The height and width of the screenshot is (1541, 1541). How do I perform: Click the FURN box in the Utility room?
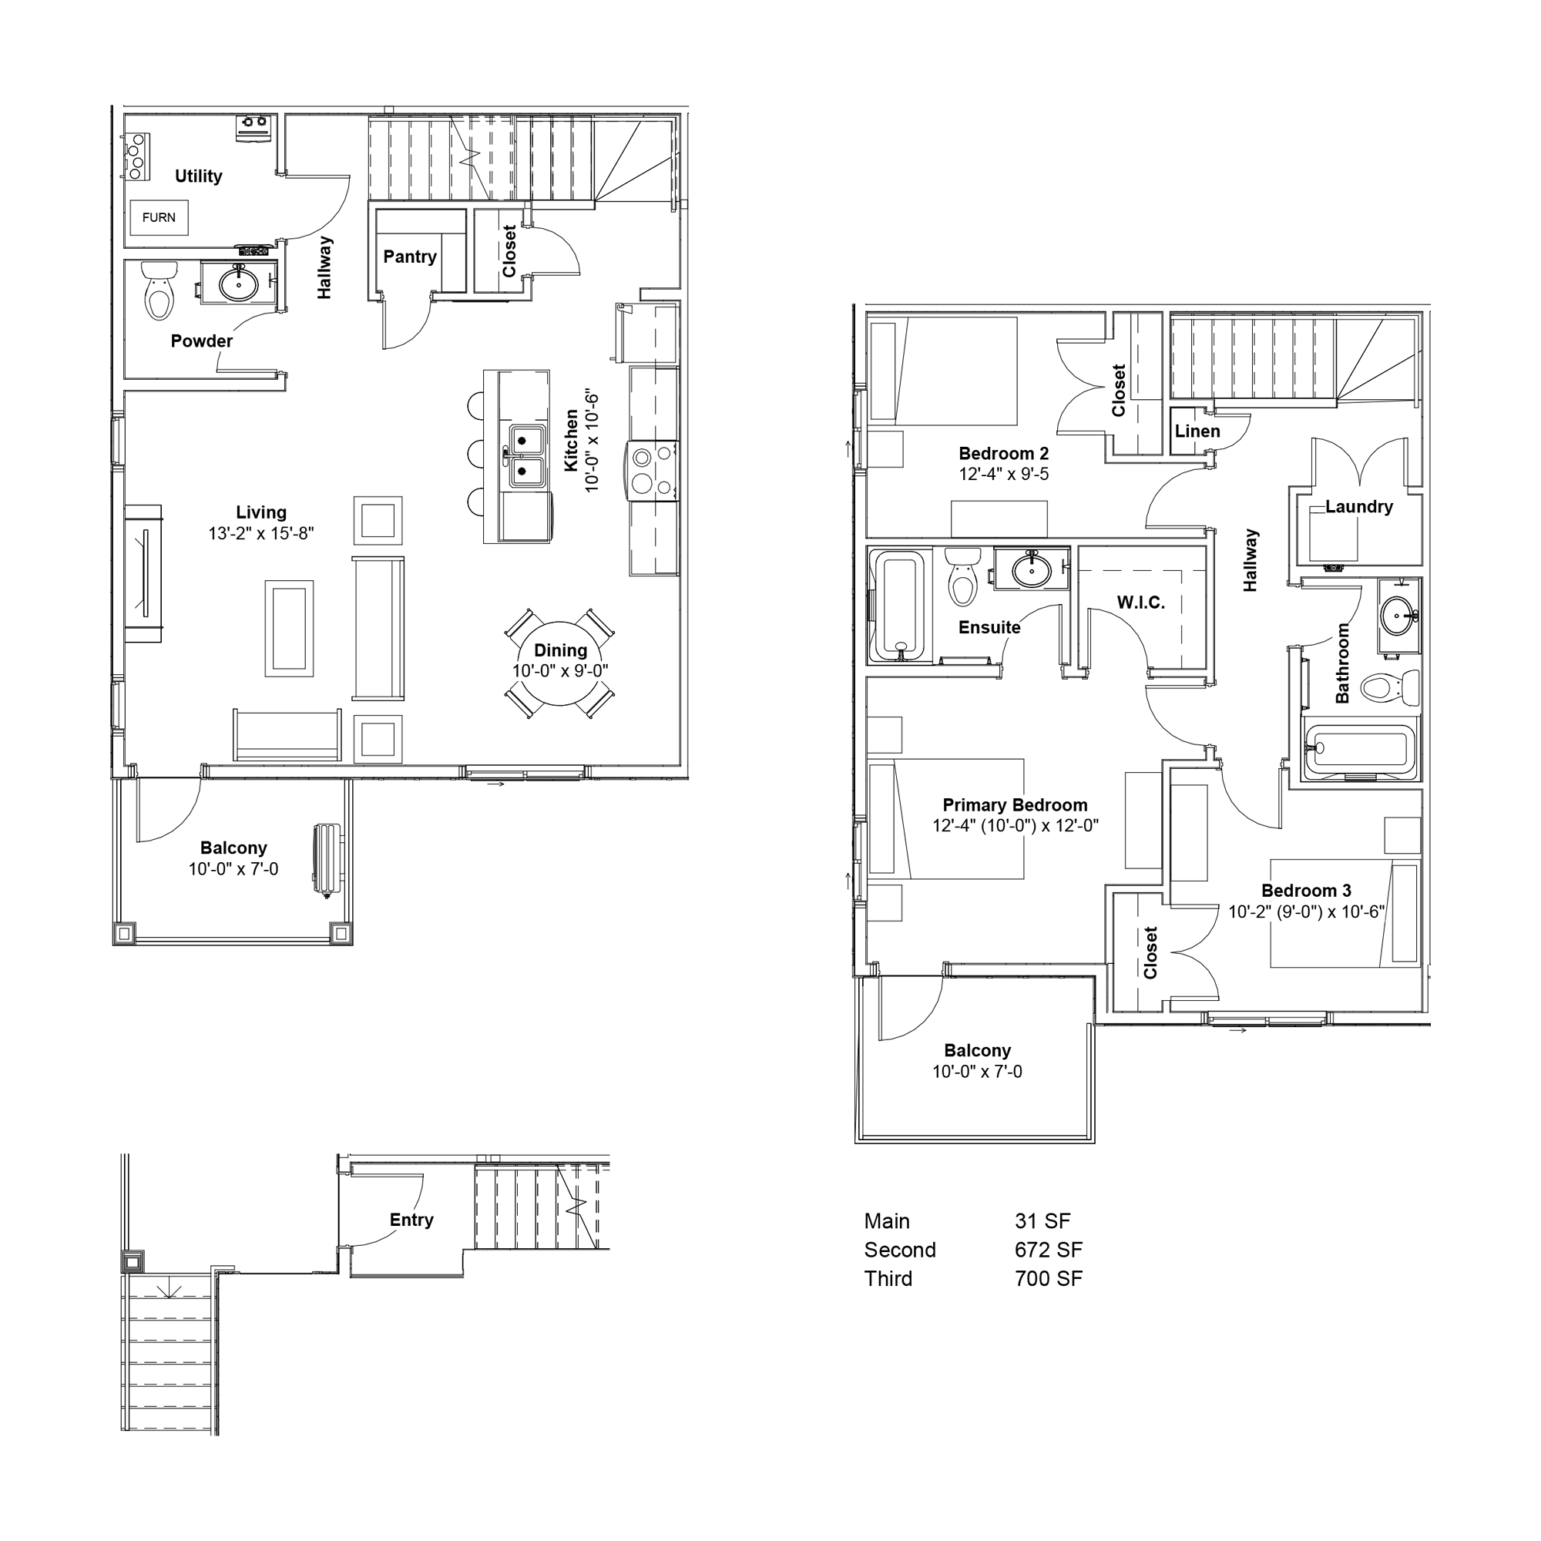(x=159, y=218)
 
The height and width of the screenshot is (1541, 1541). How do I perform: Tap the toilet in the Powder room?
(x=159, y=290)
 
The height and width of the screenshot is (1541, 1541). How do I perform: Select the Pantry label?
(x=410, y=257)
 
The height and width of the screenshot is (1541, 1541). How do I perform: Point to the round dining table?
(x=561, y=663)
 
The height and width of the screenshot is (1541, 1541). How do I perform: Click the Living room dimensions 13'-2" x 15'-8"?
(x=262, y=534)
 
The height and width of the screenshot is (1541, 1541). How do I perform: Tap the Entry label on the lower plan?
(x=411, y=1220)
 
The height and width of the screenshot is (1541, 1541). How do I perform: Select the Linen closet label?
(x=1197, y=431)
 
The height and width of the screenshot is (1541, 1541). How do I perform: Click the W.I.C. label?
(x=1140, y=603)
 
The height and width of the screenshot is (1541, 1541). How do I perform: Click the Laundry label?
(x=1359, y=506)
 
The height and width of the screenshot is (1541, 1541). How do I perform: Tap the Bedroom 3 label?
(x=1307, y=891)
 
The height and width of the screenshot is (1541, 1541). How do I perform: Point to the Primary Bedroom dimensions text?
(x=1016, y=826)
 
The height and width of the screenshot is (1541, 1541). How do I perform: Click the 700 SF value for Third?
(x=1048, y=1278)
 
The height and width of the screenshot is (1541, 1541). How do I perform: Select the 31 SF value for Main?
(x=1042, y=1221)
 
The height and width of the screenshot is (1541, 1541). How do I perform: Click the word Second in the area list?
(x=900, y=1250)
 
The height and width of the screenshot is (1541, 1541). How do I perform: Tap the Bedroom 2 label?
(x=1003, y=454)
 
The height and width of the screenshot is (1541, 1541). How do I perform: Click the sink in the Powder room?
(x=239, y=282)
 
